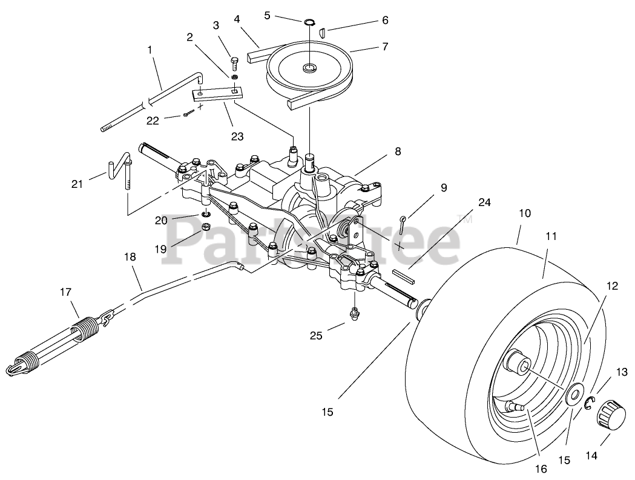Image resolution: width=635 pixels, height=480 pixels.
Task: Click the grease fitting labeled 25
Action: coord(354,313)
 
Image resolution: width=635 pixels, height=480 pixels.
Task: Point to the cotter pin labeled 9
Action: coord(404,222)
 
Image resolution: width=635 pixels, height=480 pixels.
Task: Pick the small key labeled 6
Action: coord(323,32)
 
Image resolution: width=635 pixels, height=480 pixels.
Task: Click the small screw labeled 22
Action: coord(189,113)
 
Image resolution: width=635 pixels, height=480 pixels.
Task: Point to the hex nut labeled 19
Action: coord(205,228)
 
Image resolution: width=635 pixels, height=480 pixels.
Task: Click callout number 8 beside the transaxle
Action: coord(397,152)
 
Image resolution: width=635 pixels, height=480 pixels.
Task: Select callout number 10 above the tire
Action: coord(524,213)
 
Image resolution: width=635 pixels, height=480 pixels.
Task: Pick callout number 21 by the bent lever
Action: coord(77,184)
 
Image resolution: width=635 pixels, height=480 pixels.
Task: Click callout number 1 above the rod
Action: coord(150,49)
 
